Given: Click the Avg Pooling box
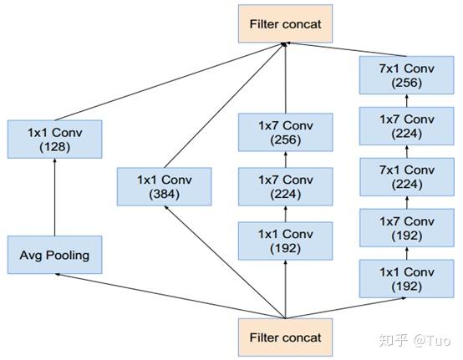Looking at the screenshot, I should (54, 255).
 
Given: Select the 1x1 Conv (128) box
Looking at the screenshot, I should (54, 139).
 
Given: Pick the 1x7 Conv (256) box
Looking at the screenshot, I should (285, 132).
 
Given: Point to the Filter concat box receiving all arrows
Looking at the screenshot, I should (285, 25).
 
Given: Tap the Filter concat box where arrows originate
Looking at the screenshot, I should (285, 337).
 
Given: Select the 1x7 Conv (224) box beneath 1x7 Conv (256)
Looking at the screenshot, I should (285, 185).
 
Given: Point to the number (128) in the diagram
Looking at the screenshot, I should (54, 146).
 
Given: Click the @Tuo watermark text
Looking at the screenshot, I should (432, 340).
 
